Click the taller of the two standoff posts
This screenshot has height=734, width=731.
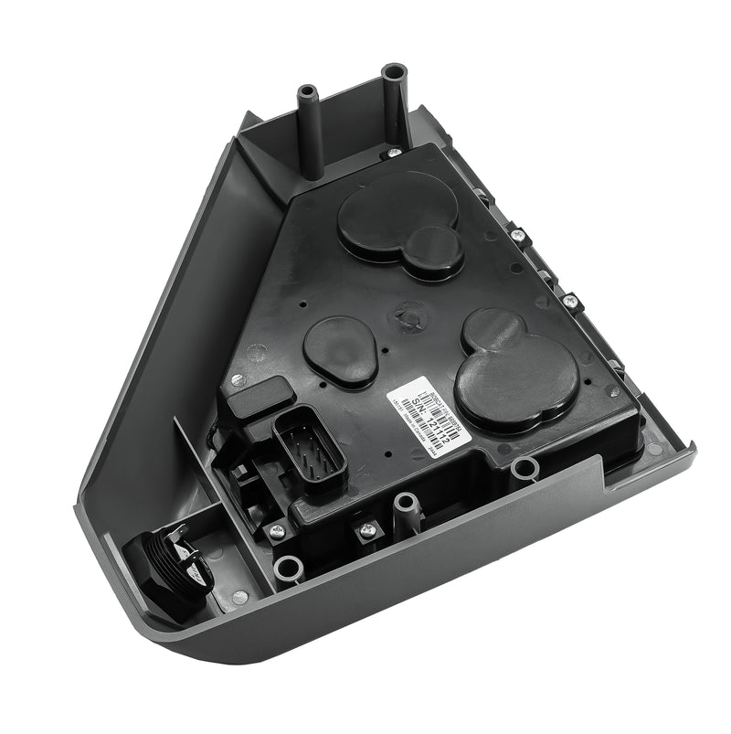coord(394,101)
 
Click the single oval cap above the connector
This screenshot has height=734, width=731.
coord(341,351)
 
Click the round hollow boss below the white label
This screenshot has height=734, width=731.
coord(524,470)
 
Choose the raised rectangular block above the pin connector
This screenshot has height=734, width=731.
coord(261,399)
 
